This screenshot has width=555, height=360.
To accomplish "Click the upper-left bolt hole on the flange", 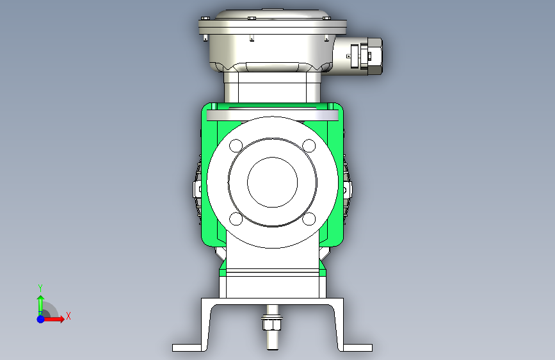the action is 236,145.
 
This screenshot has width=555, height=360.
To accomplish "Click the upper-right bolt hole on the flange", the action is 309,145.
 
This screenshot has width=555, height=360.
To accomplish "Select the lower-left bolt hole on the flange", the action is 236,219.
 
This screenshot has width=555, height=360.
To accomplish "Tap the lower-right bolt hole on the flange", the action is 309,219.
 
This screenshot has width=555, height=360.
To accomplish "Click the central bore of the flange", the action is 272,182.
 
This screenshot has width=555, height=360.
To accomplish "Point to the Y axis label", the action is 40,288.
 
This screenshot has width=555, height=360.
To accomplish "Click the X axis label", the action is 68,316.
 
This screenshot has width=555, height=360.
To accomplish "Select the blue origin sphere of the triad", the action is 41,319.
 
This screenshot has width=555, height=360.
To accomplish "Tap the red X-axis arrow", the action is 53,319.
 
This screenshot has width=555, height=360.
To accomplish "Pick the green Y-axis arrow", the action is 41,306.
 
